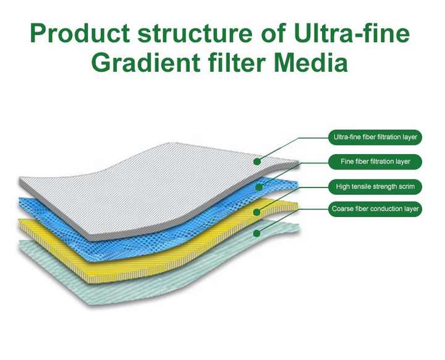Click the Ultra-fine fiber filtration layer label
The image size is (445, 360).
coord(375,137)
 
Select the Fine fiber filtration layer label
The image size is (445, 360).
coord(375,161)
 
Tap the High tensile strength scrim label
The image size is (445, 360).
coord(375,186)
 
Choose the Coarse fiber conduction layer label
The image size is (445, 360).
coord(375,209)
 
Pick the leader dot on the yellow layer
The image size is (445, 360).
coord(255,211)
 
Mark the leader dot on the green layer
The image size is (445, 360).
coord(255,234)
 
